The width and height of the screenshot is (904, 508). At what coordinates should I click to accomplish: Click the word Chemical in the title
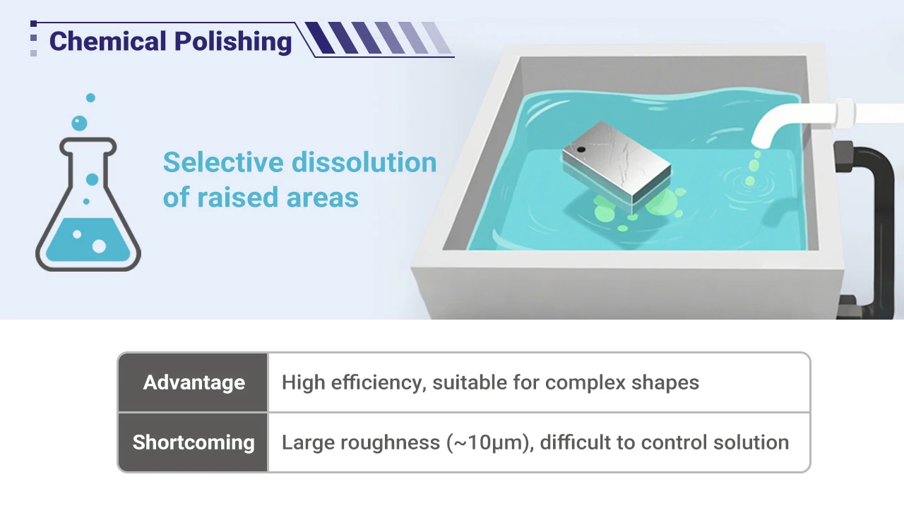click(108, 41)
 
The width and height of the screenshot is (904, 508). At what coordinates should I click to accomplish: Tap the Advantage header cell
click(194, 382)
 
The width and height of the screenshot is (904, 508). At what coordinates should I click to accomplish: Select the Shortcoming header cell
click(194, 442)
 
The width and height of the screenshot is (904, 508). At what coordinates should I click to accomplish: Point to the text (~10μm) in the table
click(490, 442)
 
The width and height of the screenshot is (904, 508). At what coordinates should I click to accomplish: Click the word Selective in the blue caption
click(223, 162)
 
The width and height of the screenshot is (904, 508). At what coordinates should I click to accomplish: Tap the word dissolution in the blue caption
click(364, 162)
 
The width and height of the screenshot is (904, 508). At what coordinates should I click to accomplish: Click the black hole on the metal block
click(581, 150)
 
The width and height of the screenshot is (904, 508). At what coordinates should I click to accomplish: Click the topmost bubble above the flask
click(91, 97)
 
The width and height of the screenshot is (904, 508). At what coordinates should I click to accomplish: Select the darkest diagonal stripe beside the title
click(320, 38)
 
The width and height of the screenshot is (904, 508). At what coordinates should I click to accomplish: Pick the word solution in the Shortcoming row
click(751, 442)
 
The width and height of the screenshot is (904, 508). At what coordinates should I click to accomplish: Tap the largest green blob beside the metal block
click(661, 202)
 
